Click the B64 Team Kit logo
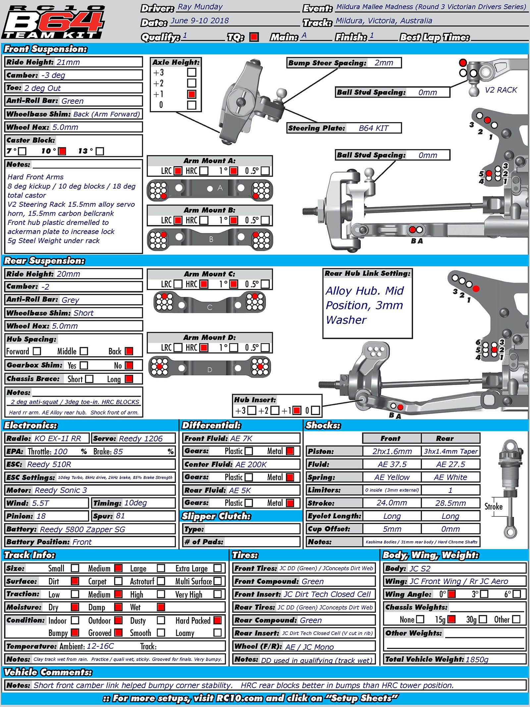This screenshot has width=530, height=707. pos(53,22)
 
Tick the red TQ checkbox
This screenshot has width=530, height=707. pos(254,37)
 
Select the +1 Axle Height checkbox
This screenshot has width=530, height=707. pos(191,94)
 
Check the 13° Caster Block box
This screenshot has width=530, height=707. pos(100,151)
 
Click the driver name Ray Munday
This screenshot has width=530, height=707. pos(200,7)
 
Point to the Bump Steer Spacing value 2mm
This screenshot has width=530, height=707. pos(384,63)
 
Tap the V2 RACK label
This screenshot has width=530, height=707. pos(501,90)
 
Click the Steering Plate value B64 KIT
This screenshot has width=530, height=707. pos(373,128)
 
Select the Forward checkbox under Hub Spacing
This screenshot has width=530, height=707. pos(37,351)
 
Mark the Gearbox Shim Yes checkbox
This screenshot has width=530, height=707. pos(84,365)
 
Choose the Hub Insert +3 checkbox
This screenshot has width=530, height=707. pos(252,410)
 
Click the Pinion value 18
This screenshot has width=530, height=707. pos(41,516)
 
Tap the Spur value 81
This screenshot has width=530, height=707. pos(121,516)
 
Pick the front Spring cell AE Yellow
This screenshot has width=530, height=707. pos(392,477)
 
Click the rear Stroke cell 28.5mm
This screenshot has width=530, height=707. pos(450,503)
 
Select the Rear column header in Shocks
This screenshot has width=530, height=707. pos(445,438)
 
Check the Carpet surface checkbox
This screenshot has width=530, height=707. pos(118,581)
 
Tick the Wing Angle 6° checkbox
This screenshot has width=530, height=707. pos(516,594)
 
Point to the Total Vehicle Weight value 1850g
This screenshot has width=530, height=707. pos(477,659)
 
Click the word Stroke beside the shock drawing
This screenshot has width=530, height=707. pos(493,507)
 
